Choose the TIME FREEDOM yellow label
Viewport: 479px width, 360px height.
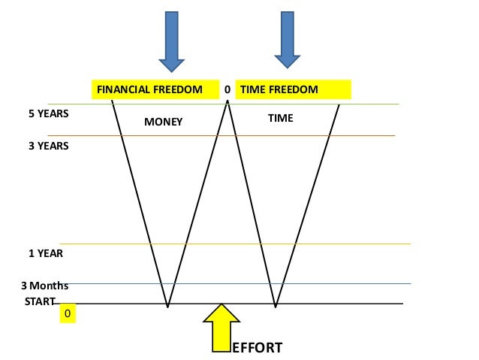[294, 90]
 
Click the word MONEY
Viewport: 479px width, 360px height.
[164, 122]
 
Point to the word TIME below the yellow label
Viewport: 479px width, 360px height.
[280, 119]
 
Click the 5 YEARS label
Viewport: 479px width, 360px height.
[49, 114]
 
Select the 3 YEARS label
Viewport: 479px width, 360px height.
[49, 146]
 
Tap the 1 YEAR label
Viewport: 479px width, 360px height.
[46, 253]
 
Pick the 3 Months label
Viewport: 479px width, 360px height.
[44, 286]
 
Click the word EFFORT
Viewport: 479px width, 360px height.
[257, 348]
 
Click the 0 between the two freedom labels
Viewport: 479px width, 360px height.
[227, 90]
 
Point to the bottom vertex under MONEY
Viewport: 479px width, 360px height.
[167, 307]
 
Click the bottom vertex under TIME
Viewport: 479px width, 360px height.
[276, 307]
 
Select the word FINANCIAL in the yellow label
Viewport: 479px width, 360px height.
[119, 90]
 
